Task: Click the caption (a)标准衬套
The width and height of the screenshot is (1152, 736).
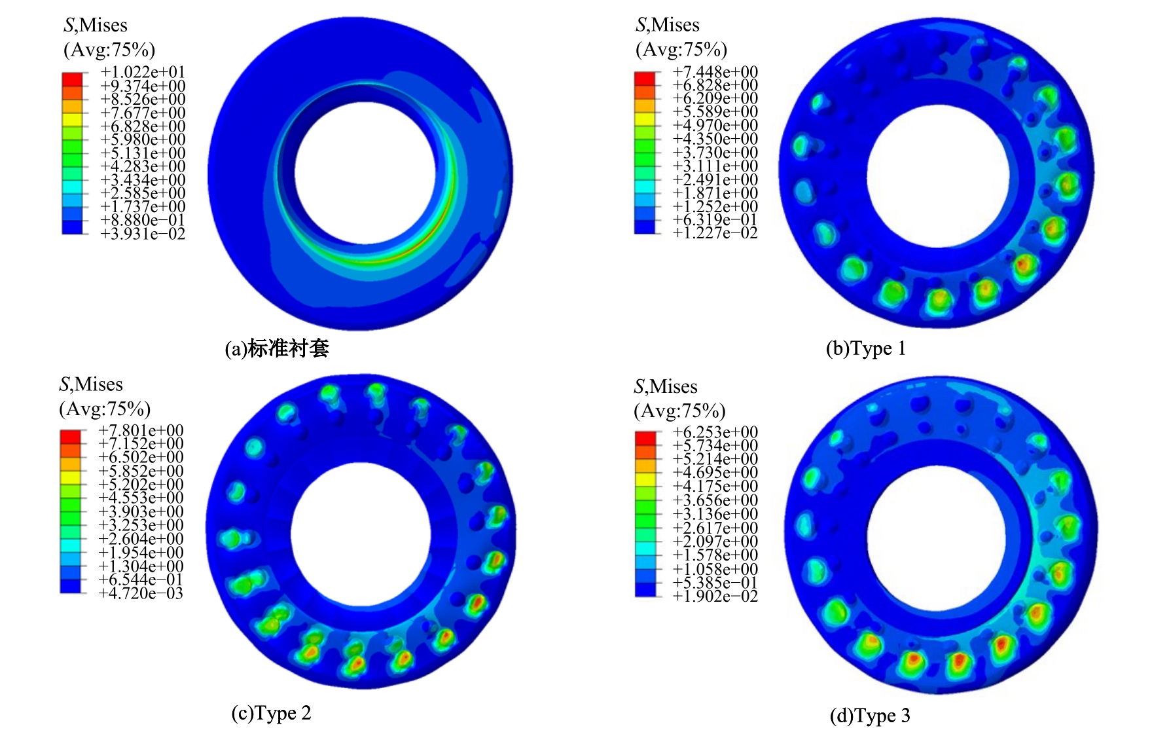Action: (277, 348)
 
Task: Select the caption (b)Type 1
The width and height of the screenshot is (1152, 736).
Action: (866, 348)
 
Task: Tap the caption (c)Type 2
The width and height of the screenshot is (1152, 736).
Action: (272, 713)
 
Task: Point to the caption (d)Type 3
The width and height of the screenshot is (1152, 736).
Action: (870, 716)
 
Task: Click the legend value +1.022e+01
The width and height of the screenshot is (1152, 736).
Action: (143, 72)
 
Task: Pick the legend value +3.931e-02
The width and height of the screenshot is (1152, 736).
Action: (143, 234)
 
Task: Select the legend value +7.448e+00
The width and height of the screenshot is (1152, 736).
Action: (715, 71)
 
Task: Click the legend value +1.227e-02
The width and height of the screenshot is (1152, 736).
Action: (715, 233)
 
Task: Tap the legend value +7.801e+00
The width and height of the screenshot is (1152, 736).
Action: (141, 430)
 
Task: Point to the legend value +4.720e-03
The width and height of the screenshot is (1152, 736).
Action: (141, 593)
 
